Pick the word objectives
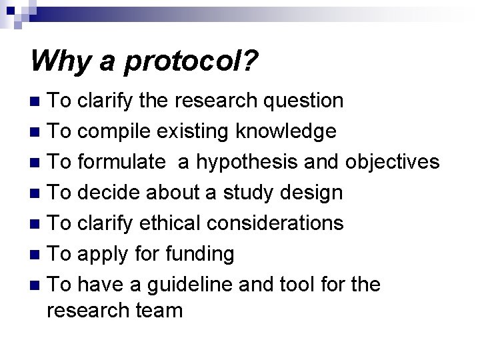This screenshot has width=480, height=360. coord(393,162)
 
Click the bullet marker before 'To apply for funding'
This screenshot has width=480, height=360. coord(35,255)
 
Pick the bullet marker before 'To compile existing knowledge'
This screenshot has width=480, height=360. coord(35,132)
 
